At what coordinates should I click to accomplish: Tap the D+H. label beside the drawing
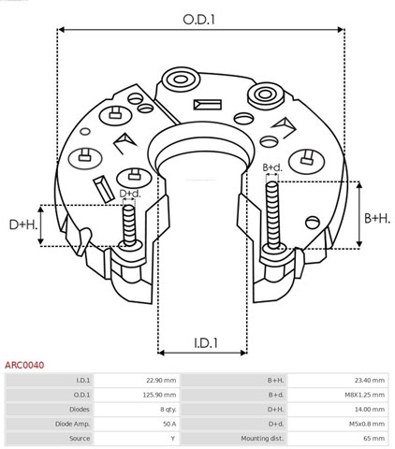click(x=23, y=224)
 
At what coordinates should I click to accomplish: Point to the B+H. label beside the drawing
click(x=376, y=217)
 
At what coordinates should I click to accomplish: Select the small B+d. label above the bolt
click(x=273, y=167)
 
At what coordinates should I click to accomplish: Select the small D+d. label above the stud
click(x=130, y=194)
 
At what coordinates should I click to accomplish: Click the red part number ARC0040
click(x=23, y=368)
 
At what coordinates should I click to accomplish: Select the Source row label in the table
click(x=78, y=438)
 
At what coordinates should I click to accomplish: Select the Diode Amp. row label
click(x=71, y=424)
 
